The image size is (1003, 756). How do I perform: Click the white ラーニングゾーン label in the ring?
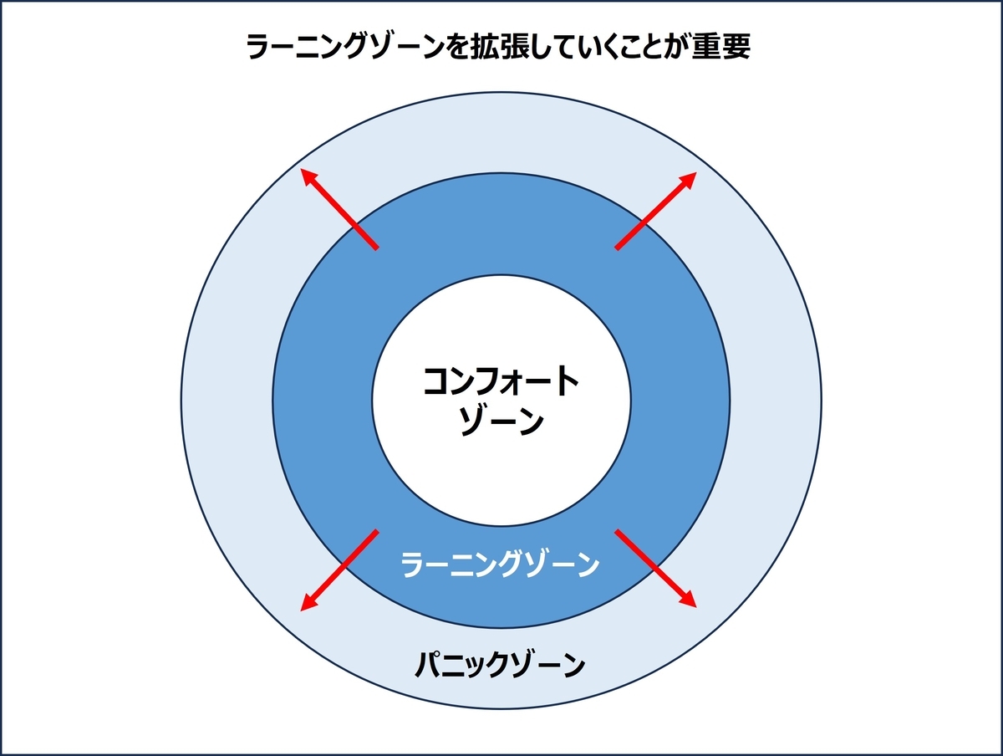click(x=501, y=564)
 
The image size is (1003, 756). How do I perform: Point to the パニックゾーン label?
click(x=501, y=667)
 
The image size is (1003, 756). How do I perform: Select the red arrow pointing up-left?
click(x=340, y=210)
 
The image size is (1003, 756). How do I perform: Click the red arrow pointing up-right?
click(x=656, y=211)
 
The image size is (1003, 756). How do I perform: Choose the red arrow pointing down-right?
click(x=655, y=568)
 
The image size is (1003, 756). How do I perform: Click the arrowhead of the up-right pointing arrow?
click(x=690, y=177)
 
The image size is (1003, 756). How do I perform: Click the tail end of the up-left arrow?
click(x=377, y=248)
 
